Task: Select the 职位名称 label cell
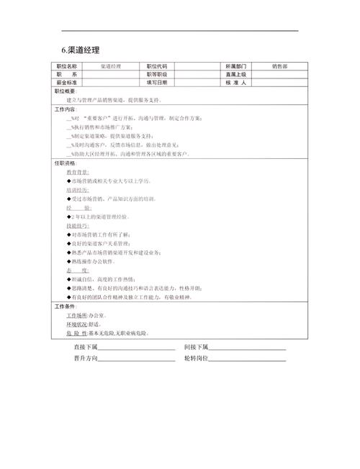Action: pyautogui.click(x=68, y=65)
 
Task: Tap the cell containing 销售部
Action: pyautogui.click(x=279, y=65)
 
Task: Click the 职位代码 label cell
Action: pyautogui.click(x=156, y=65)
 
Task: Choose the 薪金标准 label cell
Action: pyautogui.click(x=68, y=83)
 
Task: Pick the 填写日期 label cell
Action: pyautogui.click(x=156, y=83)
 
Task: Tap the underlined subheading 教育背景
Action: pyautogui.click(x=78, y=173)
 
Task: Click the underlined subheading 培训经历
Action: pyautogui.click(x=78, y=190)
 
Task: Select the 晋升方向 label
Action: pyautogui.click(x=85, y=358)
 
